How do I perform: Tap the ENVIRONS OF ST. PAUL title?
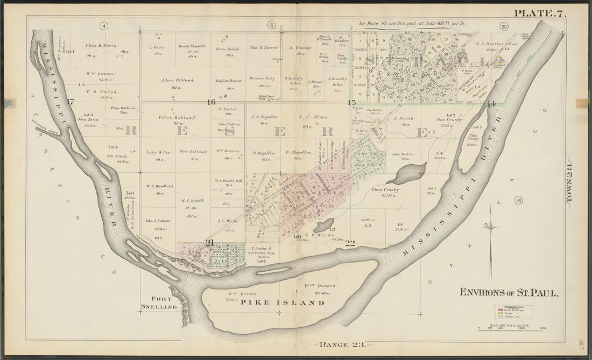(x=509, y=293)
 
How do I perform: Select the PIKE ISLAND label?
(x=282, y=303)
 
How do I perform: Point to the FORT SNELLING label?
(x=159, y=303)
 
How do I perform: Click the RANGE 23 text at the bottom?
(x=342, y=344)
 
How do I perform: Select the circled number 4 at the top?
(x=103, y=25)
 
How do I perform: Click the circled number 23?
(x=504, y=26)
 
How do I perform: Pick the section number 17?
(x=69, y=102)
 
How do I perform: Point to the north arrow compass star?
(x=490, y=228)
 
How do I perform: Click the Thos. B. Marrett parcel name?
(x=264, y=47)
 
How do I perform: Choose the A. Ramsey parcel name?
(x=297, y=47)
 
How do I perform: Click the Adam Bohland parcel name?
(x=177, y=80)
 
